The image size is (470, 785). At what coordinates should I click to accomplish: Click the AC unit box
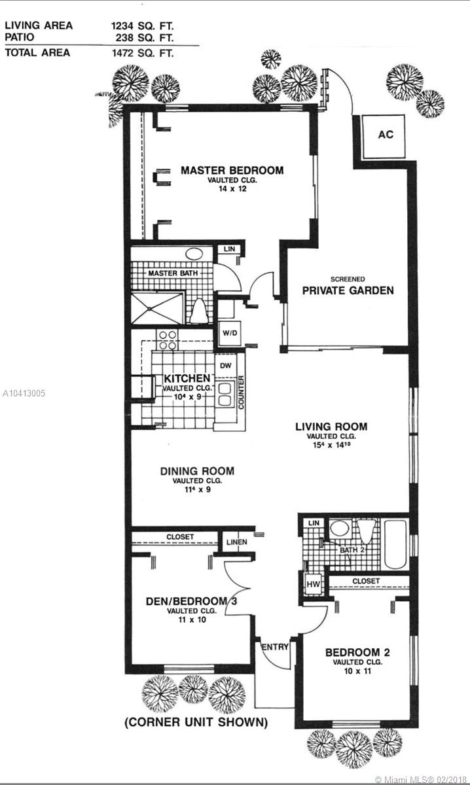point(384,136)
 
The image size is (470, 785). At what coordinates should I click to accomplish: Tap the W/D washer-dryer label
point(230,333)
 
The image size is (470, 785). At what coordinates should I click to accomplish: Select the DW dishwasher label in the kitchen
point(226,366)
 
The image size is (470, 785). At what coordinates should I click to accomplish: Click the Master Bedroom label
point(232,170)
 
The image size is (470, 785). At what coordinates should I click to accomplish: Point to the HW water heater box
point(313,584)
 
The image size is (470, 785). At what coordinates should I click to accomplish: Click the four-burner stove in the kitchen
point(168,340)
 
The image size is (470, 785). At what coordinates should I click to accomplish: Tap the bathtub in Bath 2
point(395,544)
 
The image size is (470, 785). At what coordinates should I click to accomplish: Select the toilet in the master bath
point(199,311)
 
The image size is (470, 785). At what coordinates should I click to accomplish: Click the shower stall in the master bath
point(157,309)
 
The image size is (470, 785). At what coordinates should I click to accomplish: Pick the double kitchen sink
point(225,395)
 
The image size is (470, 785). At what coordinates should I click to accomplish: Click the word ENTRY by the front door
point(275,647)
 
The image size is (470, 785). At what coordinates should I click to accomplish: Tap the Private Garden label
point(348,290)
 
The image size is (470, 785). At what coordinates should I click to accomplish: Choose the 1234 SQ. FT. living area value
point(143,26)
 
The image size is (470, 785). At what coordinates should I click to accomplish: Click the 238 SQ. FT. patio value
point(145,37)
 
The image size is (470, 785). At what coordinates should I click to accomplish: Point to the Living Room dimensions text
point(332,445)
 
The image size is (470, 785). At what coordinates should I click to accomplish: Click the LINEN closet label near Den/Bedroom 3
point(237,542)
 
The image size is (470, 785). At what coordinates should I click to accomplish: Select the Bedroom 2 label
point(357,653)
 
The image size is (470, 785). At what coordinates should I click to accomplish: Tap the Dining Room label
point(197,472)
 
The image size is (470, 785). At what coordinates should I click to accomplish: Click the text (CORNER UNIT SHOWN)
point(196,722)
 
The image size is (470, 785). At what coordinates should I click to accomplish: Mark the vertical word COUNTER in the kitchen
point(241,392)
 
